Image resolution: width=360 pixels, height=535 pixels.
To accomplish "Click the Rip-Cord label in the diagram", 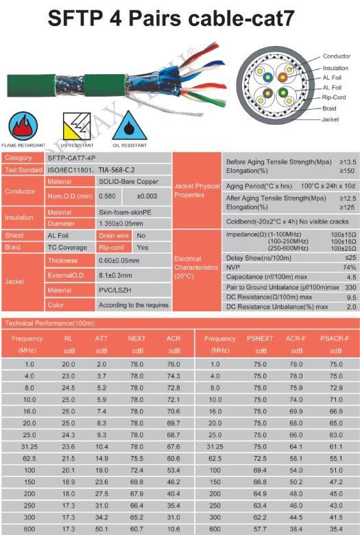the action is (333, 97).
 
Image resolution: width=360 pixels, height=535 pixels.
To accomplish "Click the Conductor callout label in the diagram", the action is (336, 56).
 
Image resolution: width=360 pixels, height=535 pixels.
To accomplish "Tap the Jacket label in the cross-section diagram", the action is (330, 119).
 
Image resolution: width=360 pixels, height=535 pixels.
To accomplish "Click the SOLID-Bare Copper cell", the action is (128, 182).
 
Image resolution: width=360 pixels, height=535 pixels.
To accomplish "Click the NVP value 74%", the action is (349, 267).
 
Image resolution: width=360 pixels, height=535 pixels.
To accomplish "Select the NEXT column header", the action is (136, 338).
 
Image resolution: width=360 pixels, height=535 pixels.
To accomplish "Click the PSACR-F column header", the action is (336, 338).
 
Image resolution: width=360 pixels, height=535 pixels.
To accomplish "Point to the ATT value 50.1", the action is (101, 529).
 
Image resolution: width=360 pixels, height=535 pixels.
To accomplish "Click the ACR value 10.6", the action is (173, 529).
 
